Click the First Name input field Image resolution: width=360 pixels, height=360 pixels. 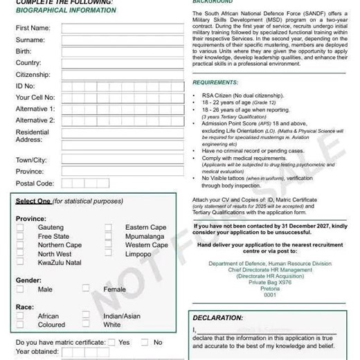coord(123,28)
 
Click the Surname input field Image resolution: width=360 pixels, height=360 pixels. coord(123,40)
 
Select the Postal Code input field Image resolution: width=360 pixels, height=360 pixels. coord(123,183)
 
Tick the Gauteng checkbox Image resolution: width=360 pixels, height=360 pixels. coord(20,227)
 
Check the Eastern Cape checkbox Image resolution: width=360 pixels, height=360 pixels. coord(108,227)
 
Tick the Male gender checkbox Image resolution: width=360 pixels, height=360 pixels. coord(20,289)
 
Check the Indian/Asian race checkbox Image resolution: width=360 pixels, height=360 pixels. coord(86,316)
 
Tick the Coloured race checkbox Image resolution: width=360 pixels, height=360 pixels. coord(20,324)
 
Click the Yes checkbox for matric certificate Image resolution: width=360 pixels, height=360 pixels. coord(111,342)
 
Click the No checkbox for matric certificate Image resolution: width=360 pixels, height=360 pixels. coord(145,342)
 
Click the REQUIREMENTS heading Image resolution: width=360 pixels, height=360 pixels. coord(215,82)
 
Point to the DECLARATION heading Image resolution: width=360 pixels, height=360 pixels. coord(217,318)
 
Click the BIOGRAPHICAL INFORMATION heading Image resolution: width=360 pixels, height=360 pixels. coord(66,10)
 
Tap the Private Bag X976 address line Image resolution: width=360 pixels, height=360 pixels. coord(269,282)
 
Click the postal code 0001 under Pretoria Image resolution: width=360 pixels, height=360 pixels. coord(269,295)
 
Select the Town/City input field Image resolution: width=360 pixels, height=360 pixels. coord(123,160)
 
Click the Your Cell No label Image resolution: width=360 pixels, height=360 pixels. coord(35,98)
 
